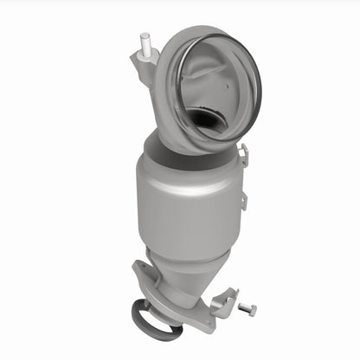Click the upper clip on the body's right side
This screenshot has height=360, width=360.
point(243,157)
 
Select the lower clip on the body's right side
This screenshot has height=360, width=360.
point(243,201)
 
